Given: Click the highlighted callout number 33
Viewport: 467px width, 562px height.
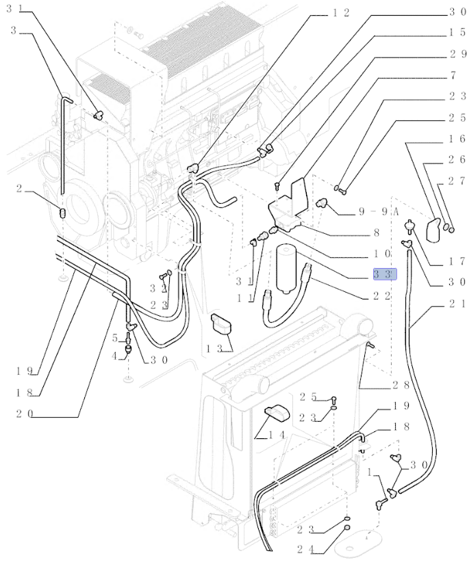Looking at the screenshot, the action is click(385, 274).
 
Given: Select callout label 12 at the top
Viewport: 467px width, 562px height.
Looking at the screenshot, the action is click(340, 13).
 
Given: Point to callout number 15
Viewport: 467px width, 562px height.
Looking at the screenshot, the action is click(457, 33).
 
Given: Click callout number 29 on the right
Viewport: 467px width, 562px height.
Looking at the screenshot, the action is click(457, 54).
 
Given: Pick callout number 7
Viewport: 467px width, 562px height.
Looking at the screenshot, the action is click(453, 75).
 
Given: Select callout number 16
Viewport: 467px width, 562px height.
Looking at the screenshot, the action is click(457, 139).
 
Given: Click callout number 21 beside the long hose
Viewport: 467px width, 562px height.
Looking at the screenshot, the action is click(457, 304).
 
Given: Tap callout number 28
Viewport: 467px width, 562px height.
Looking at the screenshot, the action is click(401, 385).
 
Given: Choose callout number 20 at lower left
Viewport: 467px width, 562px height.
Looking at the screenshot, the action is click(25, 414).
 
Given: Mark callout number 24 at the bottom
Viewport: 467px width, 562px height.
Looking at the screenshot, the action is click(305, 549).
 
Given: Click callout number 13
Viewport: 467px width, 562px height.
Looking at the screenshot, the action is click(214, 348).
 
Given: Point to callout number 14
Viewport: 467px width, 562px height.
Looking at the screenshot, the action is click(277, 435).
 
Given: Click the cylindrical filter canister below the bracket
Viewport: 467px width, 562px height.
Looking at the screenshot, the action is click(286, 269).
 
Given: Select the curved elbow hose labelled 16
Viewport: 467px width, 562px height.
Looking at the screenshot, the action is click(433, 230).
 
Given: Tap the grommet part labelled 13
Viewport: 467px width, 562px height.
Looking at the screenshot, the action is click(221, 323).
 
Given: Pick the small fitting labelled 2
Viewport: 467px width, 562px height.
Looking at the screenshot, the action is click(62, 213).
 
